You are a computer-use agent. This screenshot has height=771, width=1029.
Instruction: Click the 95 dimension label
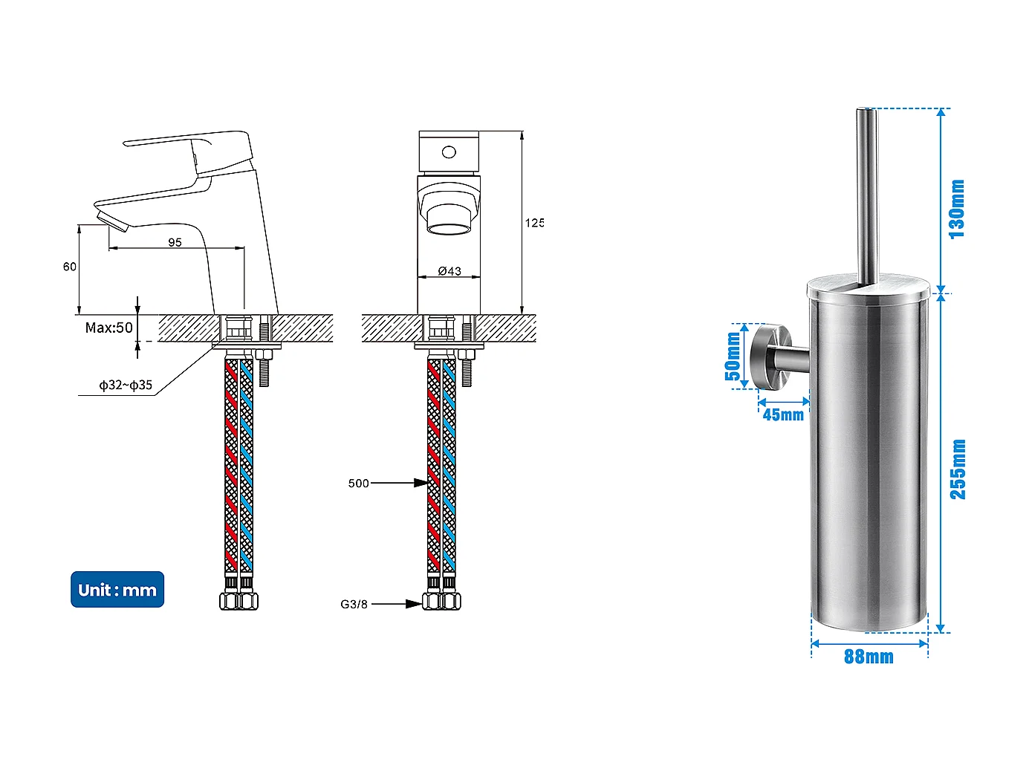coord(175,242)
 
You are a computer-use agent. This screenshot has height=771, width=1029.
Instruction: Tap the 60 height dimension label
coord(69,267)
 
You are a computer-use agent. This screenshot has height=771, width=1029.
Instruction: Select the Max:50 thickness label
coord(108,328)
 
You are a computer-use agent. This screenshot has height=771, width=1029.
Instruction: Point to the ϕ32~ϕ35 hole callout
coord(126,385)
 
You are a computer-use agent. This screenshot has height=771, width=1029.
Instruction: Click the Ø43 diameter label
coord(449,271)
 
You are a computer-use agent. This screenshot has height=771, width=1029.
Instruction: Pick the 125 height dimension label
coord(534,223)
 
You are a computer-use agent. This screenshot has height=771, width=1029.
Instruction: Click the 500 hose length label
coord(358,484)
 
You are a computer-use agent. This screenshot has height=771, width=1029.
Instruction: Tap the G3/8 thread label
coord(354,604)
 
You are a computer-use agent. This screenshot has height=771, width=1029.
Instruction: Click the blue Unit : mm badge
coord(117,590)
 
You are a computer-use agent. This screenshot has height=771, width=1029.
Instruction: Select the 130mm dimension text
coord(958,209)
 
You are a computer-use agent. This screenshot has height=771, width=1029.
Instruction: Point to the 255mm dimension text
coord(958,469)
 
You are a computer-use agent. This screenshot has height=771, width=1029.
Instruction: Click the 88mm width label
coord(869,657)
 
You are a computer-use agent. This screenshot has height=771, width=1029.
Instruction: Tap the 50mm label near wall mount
coord(733,356)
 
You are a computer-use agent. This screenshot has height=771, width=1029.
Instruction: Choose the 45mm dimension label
coord(783,414)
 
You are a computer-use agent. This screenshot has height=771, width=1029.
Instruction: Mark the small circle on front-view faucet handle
coord(449,152)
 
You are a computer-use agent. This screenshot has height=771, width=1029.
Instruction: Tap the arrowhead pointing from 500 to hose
coord(421,483)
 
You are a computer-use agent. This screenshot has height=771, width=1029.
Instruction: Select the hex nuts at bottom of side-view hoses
coord(238,600)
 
